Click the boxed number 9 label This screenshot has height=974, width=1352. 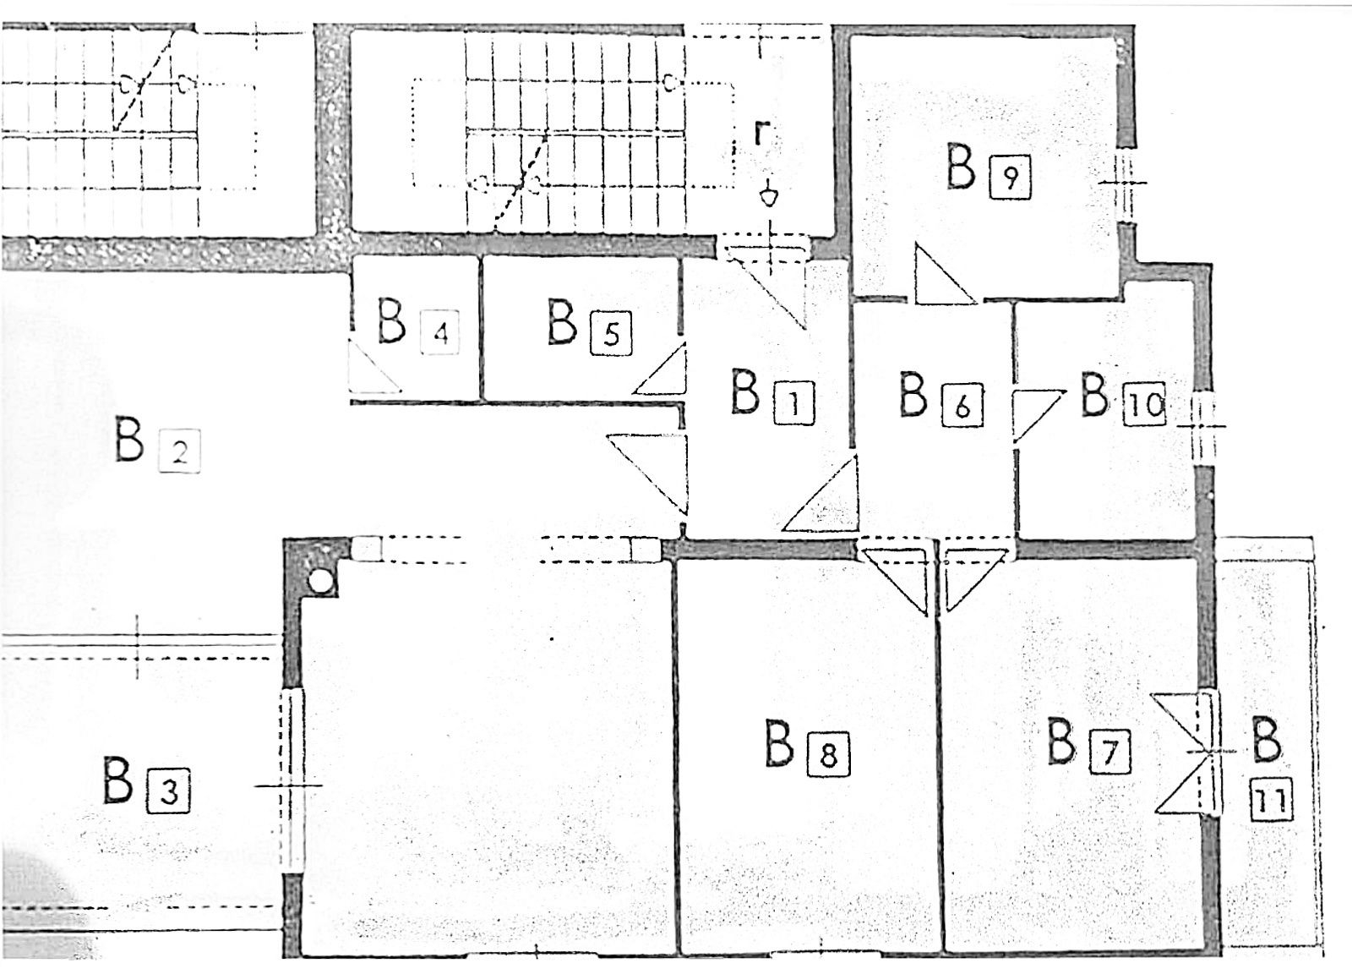click(x=1011, y=178)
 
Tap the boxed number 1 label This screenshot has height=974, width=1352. click(x=794, y=404)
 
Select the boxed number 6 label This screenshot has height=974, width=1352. click(x=962, y=406)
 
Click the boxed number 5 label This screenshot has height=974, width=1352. click(x=612, y=334)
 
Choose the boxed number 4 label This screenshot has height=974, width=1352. click(x=440, y=332)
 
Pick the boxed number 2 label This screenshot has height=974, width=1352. click(x=178, y=451)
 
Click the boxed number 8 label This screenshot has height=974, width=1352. click(x=829, y=754)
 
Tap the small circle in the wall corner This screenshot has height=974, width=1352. click(x=320, y=581)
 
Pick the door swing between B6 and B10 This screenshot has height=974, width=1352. click(x=1037, y=416)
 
